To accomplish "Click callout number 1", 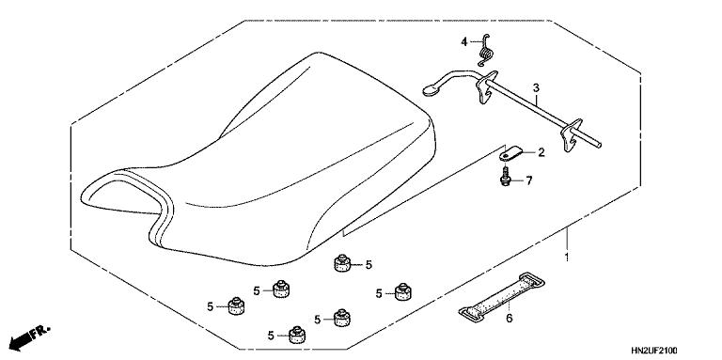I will tap(567, 256).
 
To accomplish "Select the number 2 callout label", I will tap(541, 151).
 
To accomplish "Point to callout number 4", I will tap(463, 42).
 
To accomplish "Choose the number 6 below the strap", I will tap(510, 320).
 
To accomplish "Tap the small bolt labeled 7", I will tap(507, 175).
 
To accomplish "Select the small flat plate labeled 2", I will tap(510, 151).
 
